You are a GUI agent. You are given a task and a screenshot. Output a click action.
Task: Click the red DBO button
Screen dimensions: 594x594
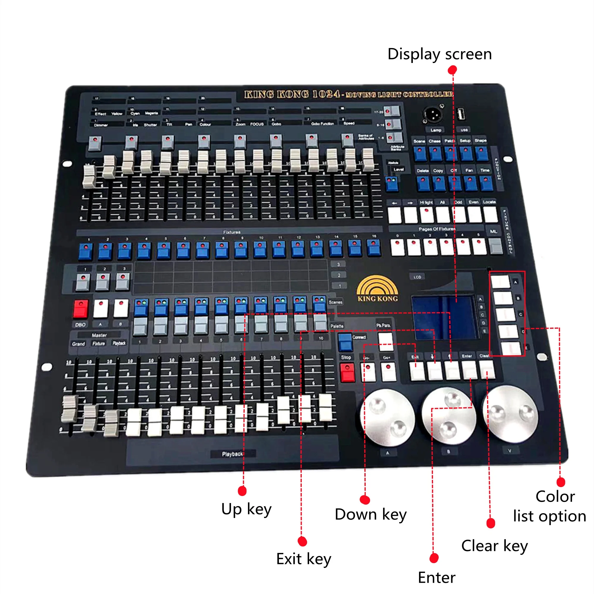[80, 309]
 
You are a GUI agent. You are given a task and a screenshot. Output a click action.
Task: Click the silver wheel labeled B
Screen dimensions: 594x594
[448, 416]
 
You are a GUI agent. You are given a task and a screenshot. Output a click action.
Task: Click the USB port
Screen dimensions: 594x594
[461, 115]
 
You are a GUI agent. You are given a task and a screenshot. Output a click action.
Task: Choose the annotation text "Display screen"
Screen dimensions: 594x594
[439, 54]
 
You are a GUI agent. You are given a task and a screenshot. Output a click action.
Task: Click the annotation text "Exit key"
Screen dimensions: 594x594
[304, 559]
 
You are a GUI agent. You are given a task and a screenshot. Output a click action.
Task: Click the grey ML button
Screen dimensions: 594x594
[495, 246]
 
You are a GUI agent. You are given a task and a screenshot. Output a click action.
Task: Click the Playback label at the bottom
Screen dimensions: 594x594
[233, 454]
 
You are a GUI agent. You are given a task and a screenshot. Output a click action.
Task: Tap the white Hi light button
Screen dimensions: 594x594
[427, 215]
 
